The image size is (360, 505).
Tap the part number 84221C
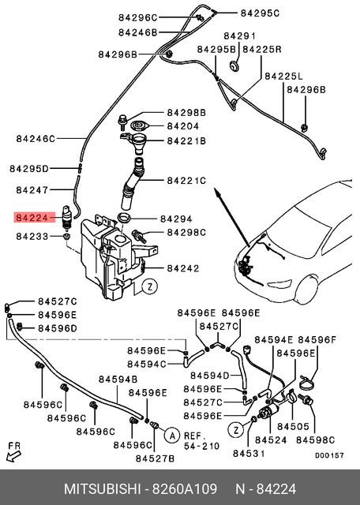[x=186, y=181]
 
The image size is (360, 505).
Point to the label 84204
[x=182, y=125]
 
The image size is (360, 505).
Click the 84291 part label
[x=239, y=36]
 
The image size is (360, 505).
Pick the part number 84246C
[x=36, y=139]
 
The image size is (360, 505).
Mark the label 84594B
[x=118, y=380]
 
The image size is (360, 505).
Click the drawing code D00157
[x=329, y=455]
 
